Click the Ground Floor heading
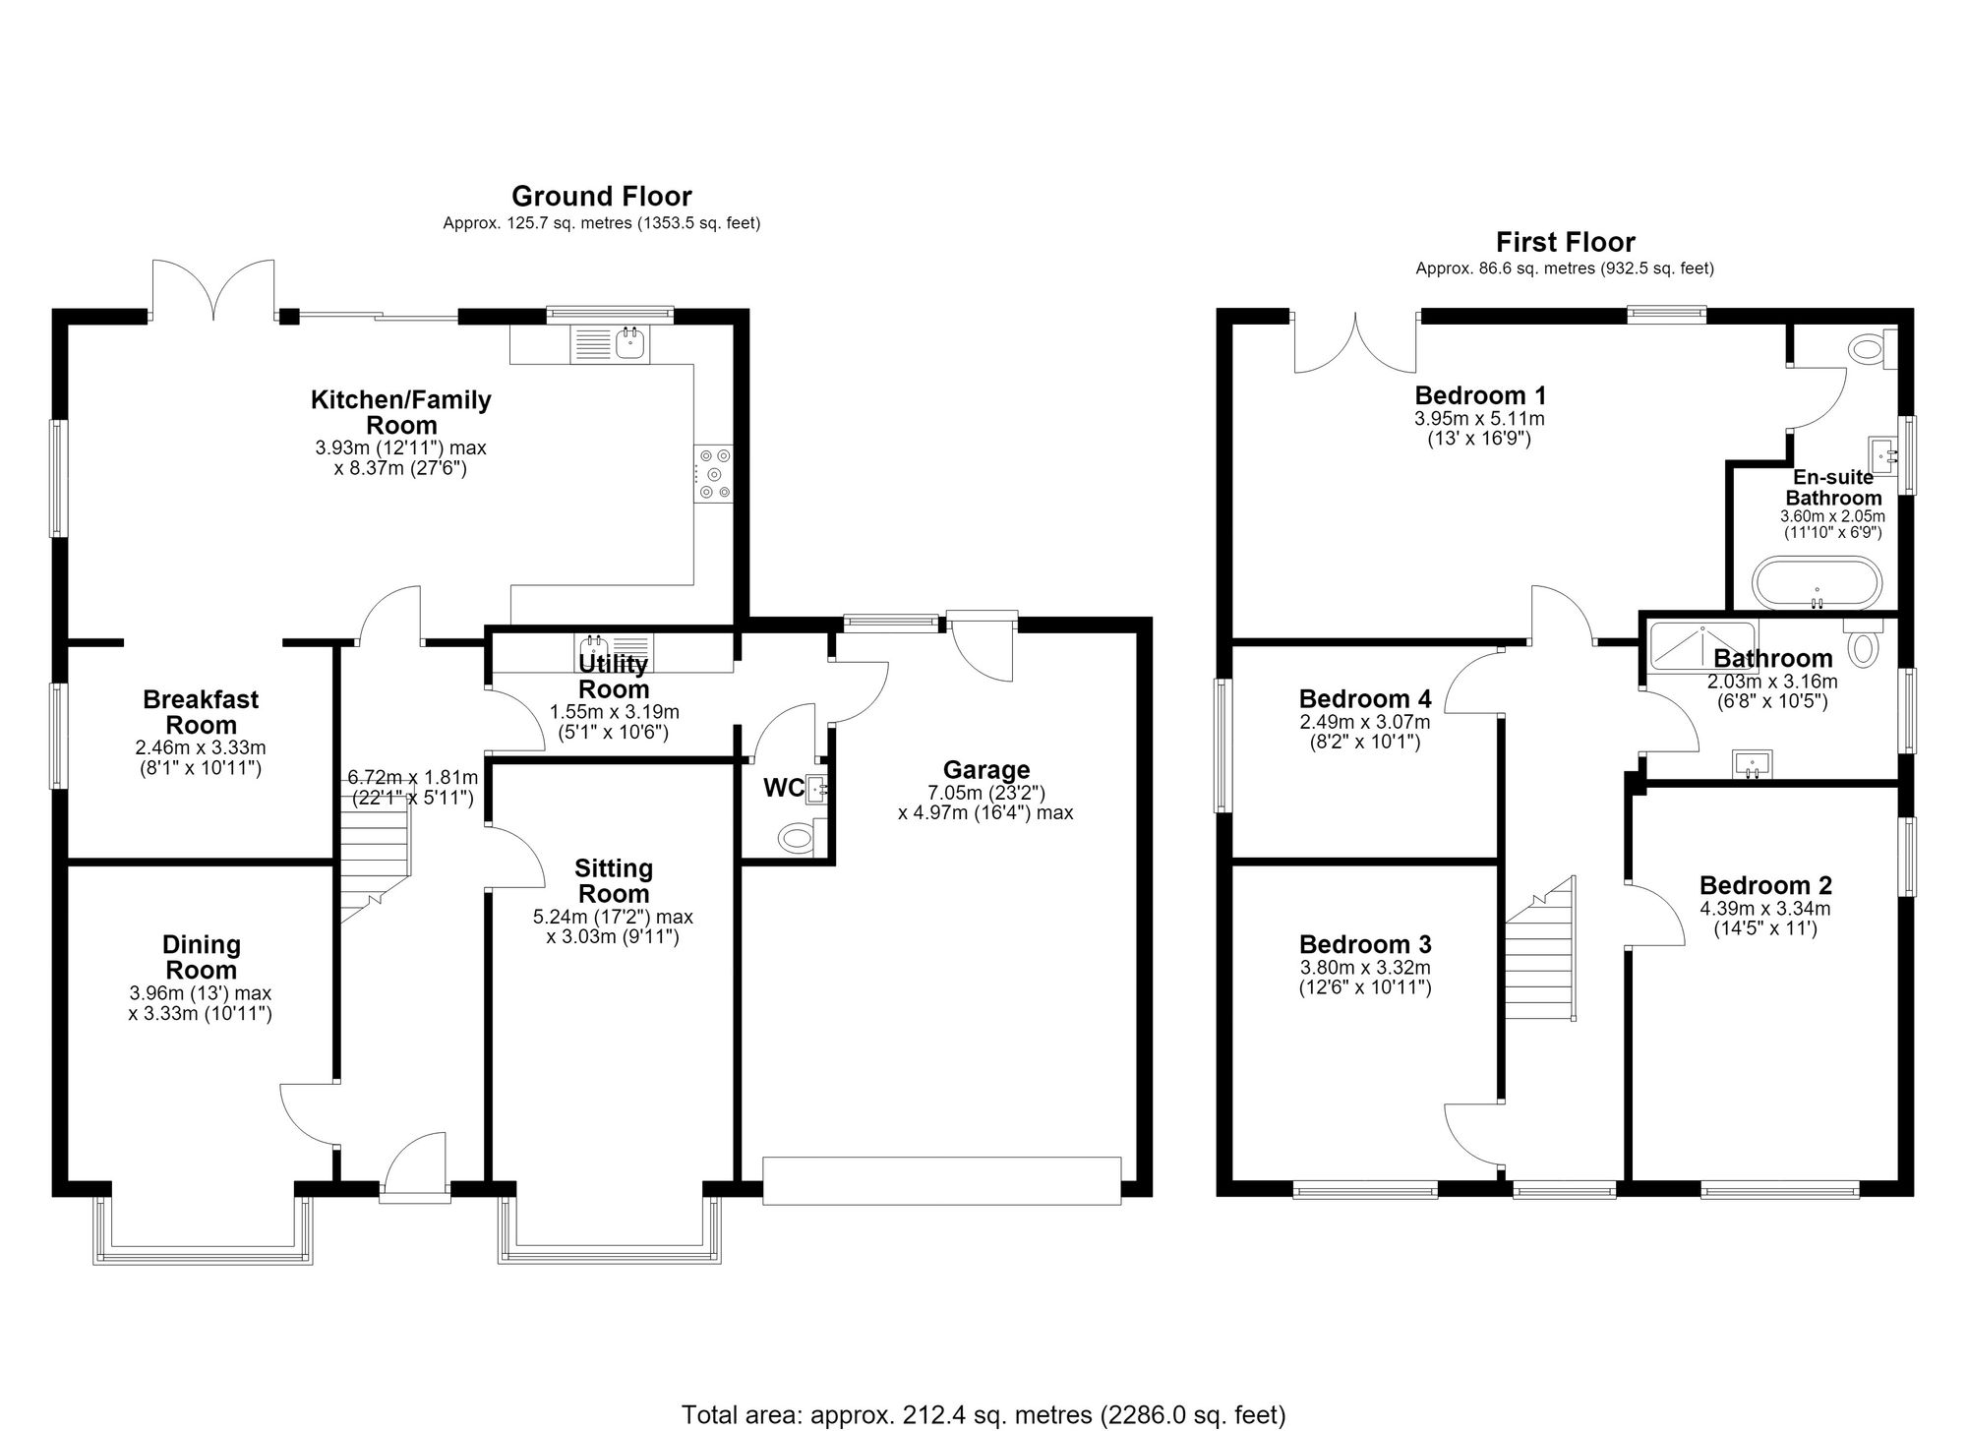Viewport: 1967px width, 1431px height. click(x=601, y=197)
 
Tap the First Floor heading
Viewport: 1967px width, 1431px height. click(x=1566, y=242)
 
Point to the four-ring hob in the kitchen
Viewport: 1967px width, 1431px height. click(x=714, y=474)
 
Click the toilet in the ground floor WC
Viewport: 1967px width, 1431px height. click(x=798, y=839)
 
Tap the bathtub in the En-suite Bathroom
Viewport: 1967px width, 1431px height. click(x=1817, y=582)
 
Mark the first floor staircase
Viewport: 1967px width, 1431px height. click(x=1541, y=949)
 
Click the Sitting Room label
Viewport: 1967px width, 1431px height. click(x=614, y=881)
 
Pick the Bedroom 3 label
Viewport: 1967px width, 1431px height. click(x=1365, y=945)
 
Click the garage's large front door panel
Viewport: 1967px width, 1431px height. click(x=942, y=1181)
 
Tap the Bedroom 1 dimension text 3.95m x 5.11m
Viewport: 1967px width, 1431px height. click(x=1479, y=419)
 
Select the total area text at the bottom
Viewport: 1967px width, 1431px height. click(x=983, y=1414)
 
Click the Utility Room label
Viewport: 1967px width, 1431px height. click(x=614, y=677)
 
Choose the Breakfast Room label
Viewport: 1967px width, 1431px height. click(x=201, y=712)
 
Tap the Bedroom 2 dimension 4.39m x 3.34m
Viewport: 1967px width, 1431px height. click(x=1765, y=910)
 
